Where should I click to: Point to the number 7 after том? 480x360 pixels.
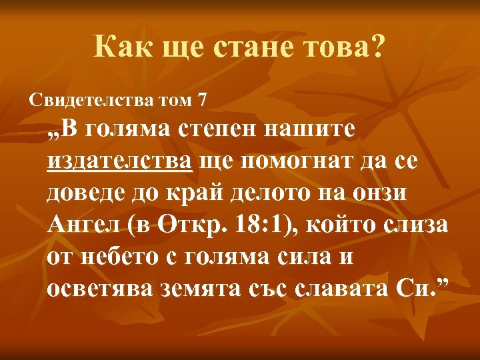(202, 101)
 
